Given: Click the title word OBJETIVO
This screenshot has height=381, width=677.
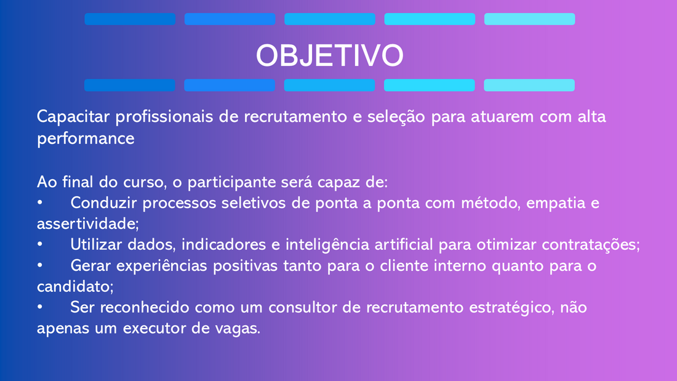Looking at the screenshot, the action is point(329,55).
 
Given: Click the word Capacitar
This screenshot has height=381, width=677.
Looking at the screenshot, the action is point(73,117).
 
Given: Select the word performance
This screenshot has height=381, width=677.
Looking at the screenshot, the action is point(86,139).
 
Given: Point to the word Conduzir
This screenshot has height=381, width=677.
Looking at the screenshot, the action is point(103,203).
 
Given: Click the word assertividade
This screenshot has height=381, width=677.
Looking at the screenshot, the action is point(87,223).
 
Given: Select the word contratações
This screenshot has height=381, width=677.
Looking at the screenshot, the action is point(591,245).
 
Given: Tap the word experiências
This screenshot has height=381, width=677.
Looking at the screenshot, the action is point(162,266).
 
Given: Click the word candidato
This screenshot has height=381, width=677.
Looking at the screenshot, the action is point(75,286).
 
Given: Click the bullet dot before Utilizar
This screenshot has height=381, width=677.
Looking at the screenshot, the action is point(40,244).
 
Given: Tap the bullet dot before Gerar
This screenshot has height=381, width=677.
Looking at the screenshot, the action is point(40,265).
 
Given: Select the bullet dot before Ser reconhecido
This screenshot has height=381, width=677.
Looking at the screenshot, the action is point(40,307).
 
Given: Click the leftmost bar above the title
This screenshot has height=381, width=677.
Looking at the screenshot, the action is point(130,19).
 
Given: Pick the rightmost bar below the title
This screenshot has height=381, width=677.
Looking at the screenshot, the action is point(529,85).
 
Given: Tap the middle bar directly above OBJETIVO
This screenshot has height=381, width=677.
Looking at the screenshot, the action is point(330,19).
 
